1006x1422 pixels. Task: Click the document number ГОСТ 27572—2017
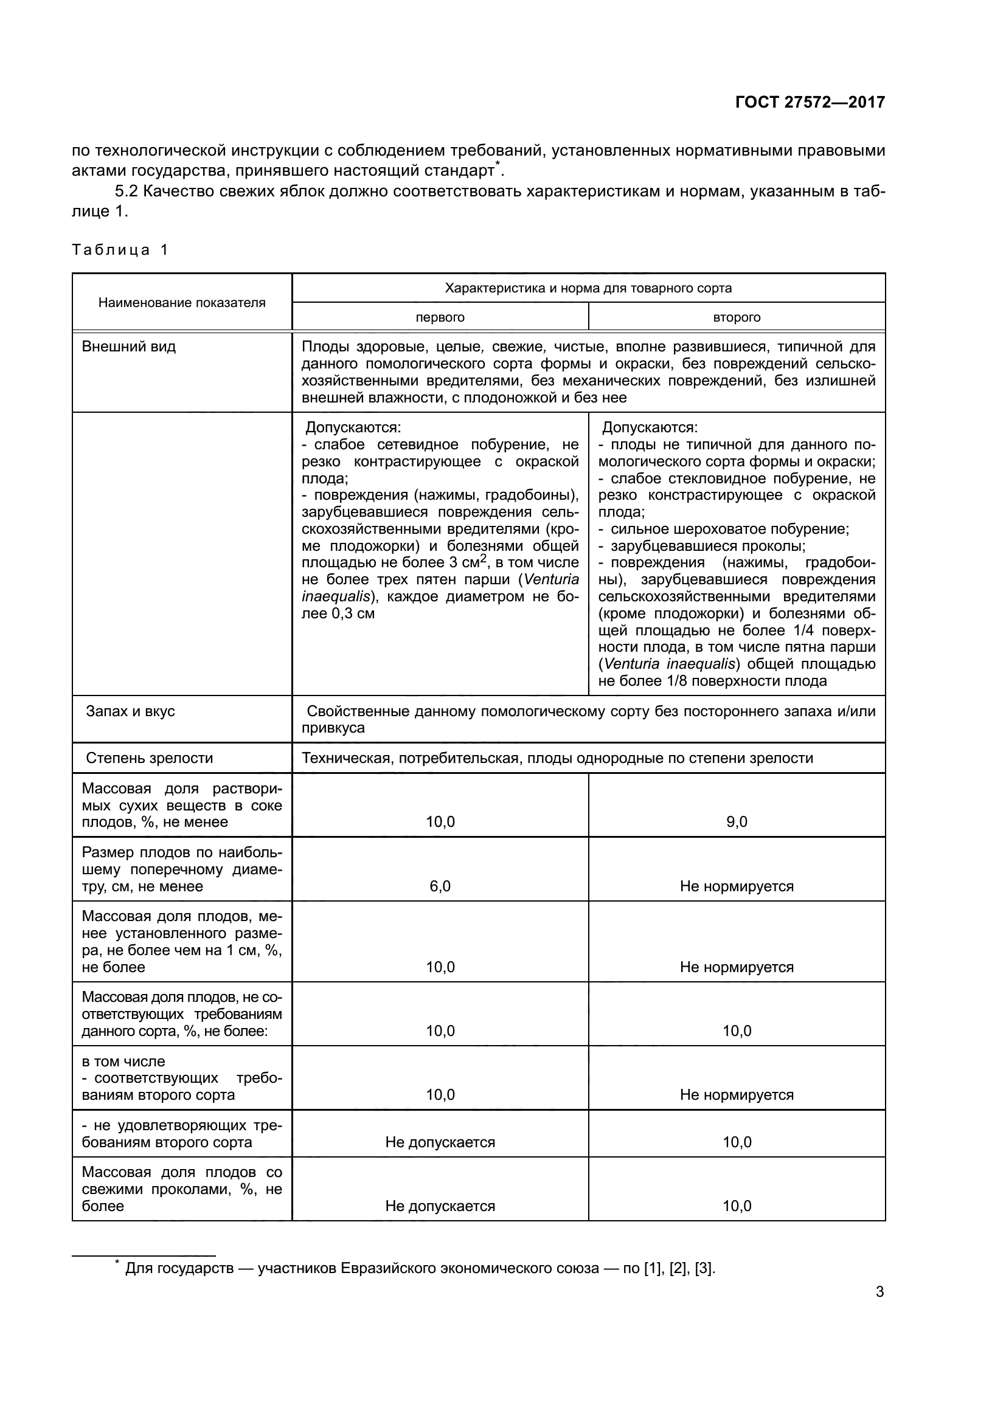click(x=810, y=102)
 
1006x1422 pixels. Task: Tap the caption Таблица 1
click(x=120, y=250)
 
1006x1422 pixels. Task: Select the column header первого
click(x=440, y=318)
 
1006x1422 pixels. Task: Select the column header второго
click(x=737, y=318)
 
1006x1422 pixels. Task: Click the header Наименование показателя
click(x=181, y=303)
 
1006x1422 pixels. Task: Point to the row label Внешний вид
click(x=129, y=347)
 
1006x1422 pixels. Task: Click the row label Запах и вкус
click(x=130, y=711)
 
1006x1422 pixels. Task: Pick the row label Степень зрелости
click(x=148, y=758)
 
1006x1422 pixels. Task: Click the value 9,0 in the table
click(x=737, y=822)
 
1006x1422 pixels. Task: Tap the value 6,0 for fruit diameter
click(x=440, y=886)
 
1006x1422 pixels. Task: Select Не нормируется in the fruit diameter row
click(x=737, y=886)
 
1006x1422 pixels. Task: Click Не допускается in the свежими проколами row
click(x=440, y=1206)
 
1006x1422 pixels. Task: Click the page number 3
click(x=879, y=1292)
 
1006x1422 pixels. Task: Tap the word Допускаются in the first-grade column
click(x=353, y=428)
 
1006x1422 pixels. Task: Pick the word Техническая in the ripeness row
click(x=344, y=758)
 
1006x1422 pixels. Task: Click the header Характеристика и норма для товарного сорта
click(x=588, y=288)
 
